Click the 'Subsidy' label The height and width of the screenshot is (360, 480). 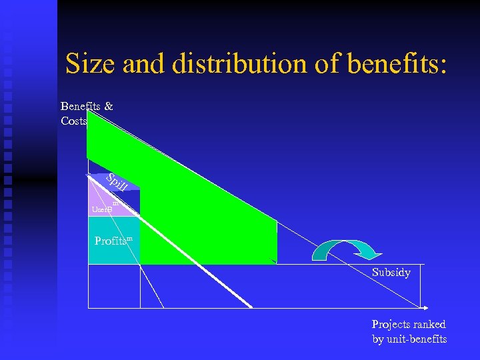[x=391, y=273]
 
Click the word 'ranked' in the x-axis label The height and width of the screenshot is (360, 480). [x=429, y=325]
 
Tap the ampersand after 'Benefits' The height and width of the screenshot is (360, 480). [x=109, y=106]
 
